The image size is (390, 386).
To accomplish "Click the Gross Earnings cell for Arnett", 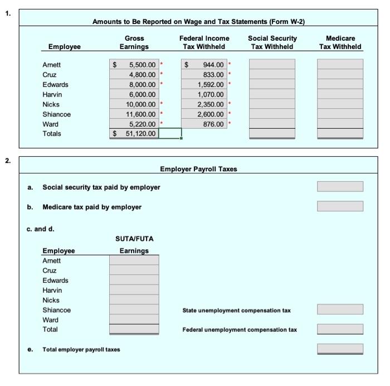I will coord(134,65).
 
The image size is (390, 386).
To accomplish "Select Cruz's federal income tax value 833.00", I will coord(205,75).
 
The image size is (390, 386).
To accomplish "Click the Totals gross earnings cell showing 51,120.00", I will coord(134,134).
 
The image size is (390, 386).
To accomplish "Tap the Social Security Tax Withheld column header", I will coord(272,42).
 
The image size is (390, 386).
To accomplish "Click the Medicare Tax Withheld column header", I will coord(340,42).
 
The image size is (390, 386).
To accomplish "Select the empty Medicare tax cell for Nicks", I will coord(340,104).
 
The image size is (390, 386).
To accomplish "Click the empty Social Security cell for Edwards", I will coord(272,85).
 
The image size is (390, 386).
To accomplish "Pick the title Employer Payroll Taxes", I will coord(198,169).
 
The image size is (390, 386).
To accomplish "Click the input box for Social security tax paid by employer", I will coord(340,186).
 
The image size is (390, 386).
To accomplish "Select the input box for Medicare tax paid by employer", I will coord(340,206).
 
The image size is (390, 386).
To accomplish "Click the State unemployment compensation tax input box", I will coord(340,310).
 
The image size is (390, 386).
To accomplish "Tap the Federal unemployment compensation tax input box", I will coord(340,330).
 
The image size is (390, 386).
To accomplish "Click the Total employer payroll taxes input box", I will coord(340,349).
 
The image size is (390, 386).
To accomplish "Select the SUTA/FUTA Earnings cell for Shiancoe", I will coord(134,310).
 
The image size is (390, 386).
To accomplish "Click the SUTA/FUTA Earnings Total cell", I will coord(134,330).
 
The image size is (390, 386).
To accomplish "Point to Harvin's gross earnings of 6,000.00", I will coord(134,95).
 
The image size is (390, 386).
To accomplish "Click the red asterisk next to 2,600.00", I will coord(230,114).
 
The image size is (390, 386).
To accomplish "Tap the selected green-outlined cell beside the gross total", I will coord(170,134).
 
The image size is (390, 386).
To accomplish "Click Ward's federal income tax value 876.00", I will coord(205,124).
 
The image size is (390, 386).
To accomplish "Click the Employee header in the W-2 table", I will coord(64,47).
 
